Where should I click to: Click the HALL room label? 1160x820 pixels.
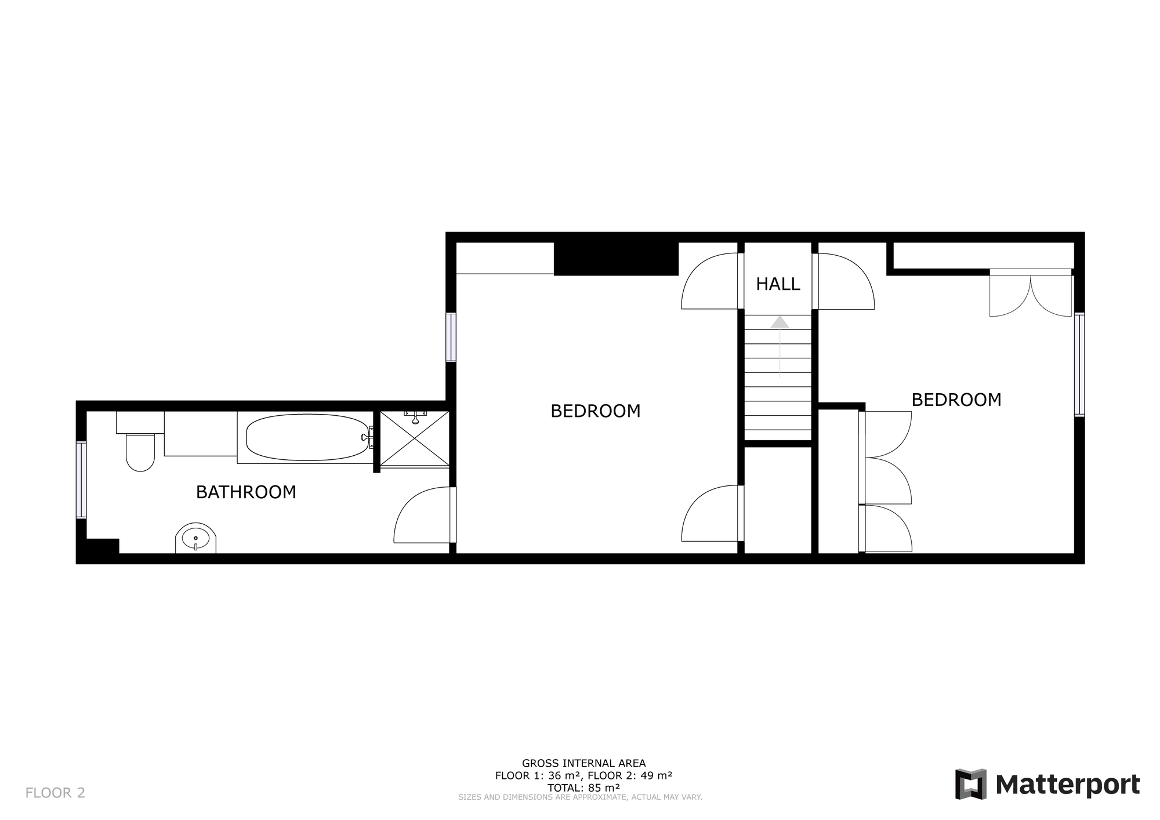click(778, 284)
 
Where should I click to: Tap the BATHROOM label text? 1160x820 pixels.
click(246, 492)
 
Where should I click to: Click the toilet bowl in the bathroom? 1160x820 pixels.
click(140, 452)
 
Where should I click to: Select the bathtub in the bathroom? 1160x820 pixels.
click(307, 437)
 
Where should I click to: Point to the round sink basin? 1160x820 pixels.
click(195, 539)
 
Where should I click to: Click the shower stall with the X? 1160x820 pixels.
click(415, 438)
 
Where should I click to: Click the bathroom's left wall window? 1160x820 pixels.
click(82, 480)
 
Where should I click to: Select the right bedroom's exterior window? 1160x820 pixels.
click(1079, 365)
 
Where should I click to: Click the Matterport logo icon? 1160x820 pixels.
click(971, 784)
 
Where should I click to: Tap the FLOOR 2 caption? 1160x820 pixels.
click(55, 793)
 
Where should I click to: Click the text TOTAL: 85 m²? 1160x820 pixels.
click(583, 788)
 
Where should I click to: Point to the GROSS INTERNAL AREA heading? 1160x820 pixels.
click(583, 763)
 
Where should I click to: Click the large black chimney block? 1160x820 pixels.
click(616, 259)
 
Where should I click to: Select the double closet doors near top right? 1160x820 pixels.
click(1031, 293)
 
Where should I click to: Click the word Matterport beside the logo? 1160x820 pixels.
click(1068, 785)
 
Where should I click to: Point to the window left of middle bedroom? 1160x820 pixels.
click(451, 338)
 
